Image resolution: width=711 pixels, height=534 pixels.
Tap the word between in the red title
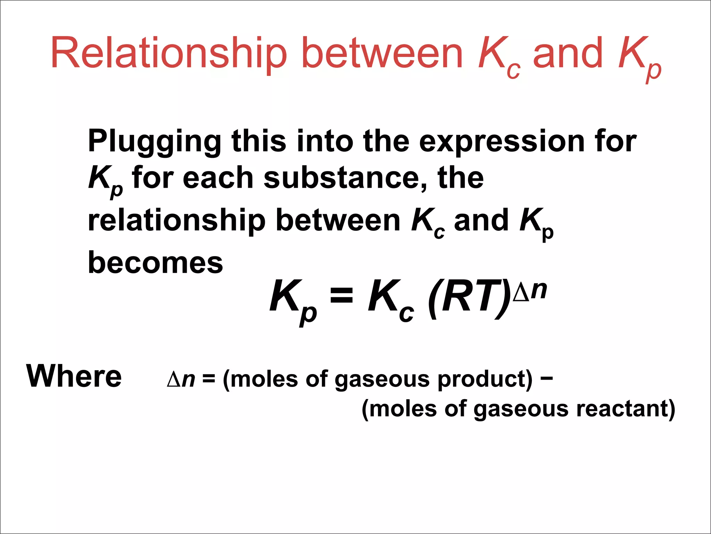[x=382, y=54]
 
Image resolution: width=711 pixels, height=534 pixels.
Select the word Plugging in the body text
[x=154, y=142]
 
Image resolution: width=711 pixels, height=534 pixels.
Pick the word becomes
[x=156, y=262]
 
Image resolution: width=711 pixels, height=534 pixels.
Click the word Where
[x=74, y=376]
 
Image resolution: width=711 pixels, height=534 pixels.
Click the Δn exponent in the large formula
[x=530, y=291]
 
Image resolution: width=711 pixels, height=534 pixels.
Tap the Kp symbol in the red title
[x=639, y=57]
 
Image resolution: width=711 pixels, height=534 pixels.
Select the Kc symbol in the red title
[x=499, y=57]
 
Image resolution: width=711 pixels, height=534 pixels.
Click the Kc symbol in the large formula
[x=391, y=300]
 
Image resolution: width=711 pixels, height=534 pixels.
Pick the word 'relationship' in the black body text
[x=176, y=220]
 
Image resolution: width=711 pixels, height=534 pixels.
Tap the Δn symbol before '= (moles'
[x=181, y=379]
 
